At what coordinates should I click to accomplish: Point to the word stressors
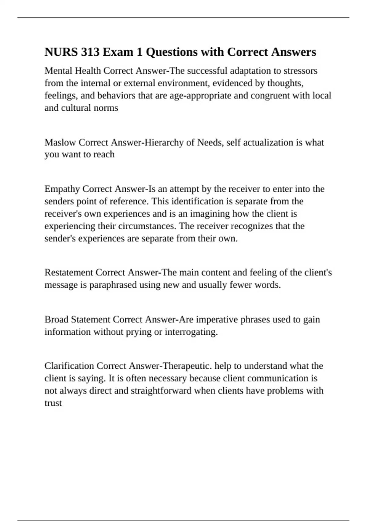pyautogui.click(x=300, y=71)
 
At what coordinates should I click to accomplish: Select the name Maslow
pyautogui.click(x=60, y=143)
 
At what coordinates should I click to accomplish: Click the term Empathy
pyautogui.click(x=62, y=189)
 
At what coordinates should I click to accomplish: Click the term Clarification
pyautogui.click(x=69, y=366)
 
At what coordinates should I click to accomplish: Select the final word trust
pyautogui.click(x=53, y=403)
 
